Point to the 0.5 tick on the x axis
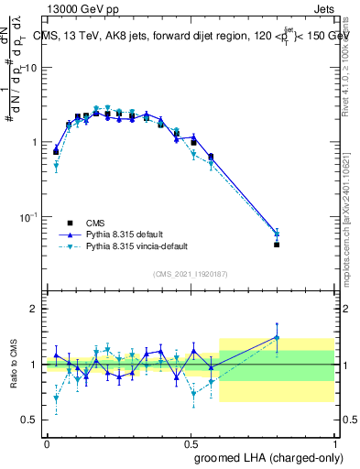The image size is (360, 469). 191,442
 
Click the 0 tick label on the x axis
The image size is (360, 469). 47,442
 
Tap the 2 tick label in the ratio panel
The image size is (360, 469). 36,309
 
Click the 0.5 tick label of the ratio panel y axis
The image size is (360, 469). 32,420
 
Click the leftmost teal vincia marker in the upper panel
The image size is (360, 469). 56,167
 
